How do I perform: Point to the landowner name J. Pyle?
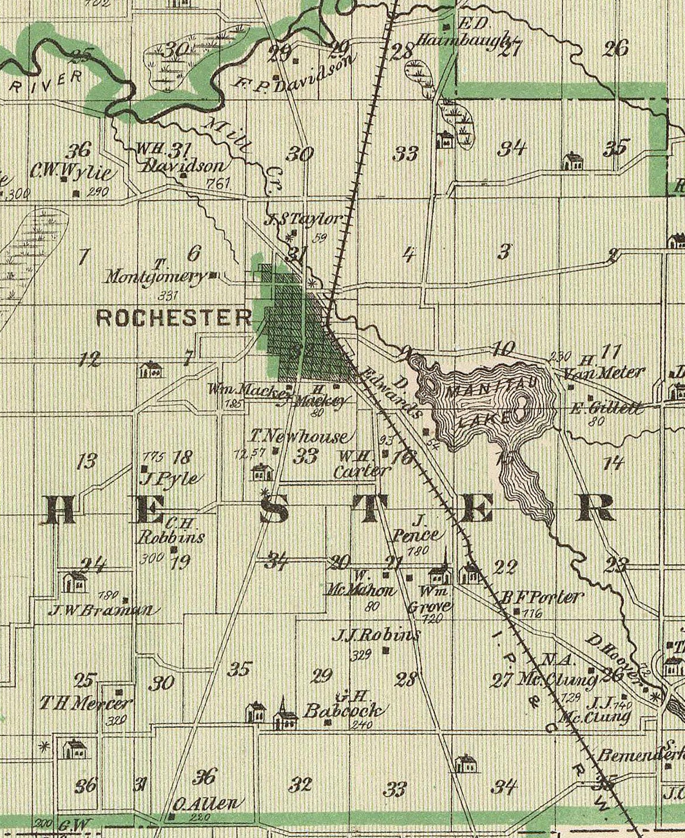[x=170, y=478]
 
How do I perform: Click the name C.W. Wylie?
[x=71, y=172]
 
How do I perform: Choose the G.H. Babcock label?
[x=342, y=709]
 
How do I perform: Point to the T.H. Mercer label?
[x=86, y=703]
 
